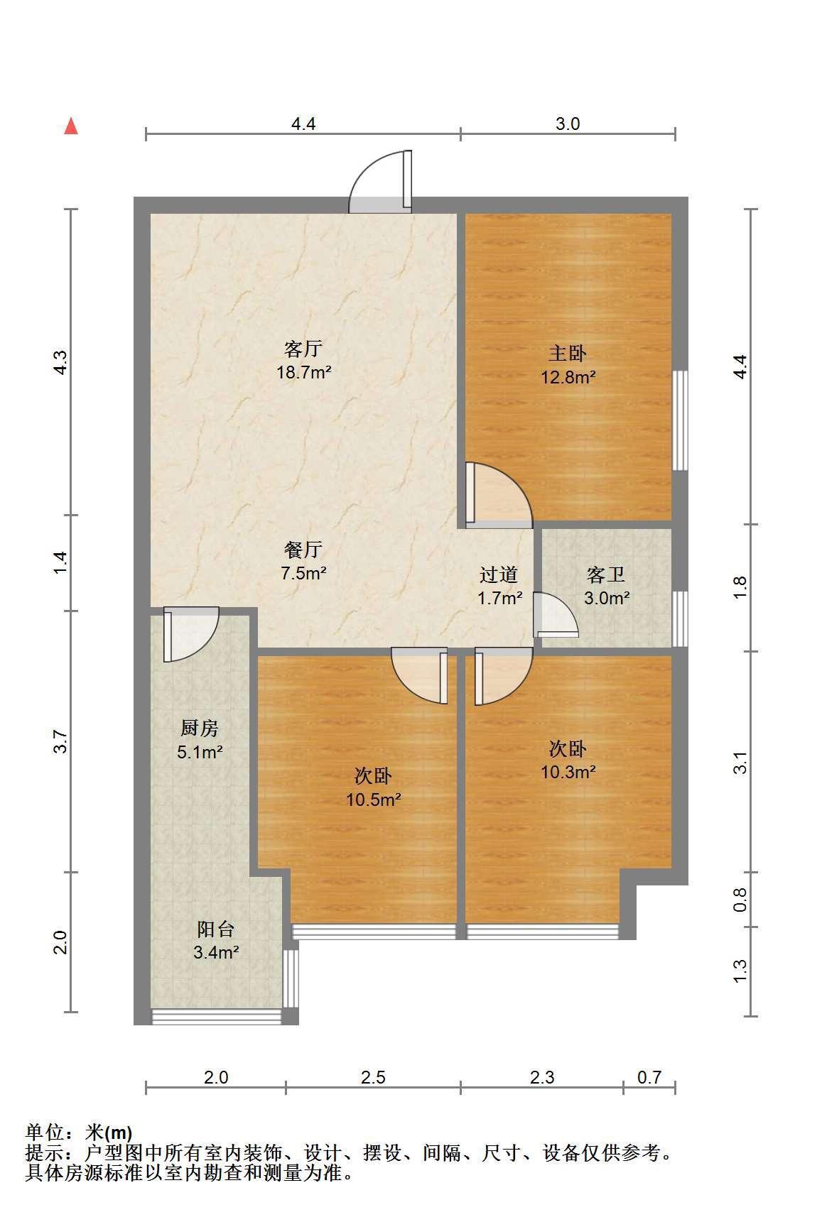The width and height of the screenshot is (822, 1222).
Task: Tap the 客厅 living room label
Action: [x=303, y=349]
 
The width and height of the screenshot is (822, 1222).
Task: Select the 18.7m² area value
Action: [x=304, y=372]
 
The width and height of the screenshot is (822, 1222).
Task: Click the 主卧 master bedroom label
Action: [x=568, y=353]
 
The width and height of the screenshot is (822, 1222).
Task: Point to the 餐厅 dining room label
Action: [x=303, y=549]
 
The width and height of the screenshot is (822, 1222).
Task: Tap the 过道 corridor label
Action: [x=499, y=574]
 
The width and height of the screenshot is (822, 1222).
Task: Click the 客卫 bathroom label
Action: [x=606, y=574]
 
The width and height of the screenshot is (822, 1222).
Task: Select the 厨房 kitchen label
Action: [x=200, y=728]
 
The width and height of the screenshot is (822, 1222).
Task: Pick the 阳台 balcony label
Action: [x=215, y=929]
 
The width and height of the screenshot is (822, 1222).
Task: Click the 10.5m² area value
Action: [x=374, y=800]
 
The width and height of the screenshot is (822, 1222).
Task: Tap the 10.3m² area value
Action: [x=568, y=771]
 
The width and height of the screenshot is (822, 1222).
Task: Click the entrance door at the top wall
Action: [x=380, y=182]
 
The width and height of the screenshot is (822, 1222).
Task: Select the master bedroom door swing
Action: [x=499, y=496]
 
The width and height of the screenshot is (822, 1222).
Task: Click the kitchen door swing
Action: [x=190, y=634]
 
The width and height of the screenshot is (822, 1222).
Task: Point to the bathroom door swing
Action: [x=556, y=615]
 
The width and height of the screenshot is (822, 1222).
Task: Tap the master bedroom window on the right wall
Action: [x=681, y=420]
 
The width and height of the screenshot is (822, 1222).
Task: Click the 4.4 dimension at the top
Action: [x=303, y=124]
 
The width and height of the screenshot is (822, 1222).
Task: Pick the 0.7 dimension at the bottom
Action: [x=649, y=1077]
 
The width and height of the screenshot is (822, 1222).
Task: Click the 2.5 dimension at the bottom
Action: [x=373, y=1077]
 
